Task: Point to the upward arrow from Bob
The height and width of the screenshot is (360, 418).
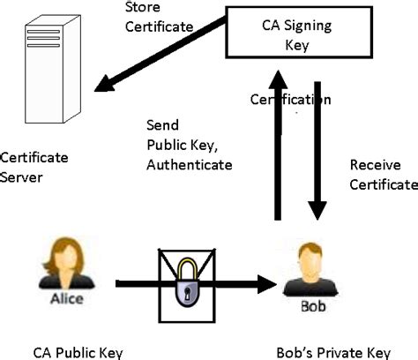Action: [277, 150]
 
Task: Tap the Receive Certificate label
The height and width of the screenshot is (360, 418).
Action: [382, 175]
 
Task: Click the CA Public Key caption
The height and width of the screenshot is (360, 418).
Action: [71, 352]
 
